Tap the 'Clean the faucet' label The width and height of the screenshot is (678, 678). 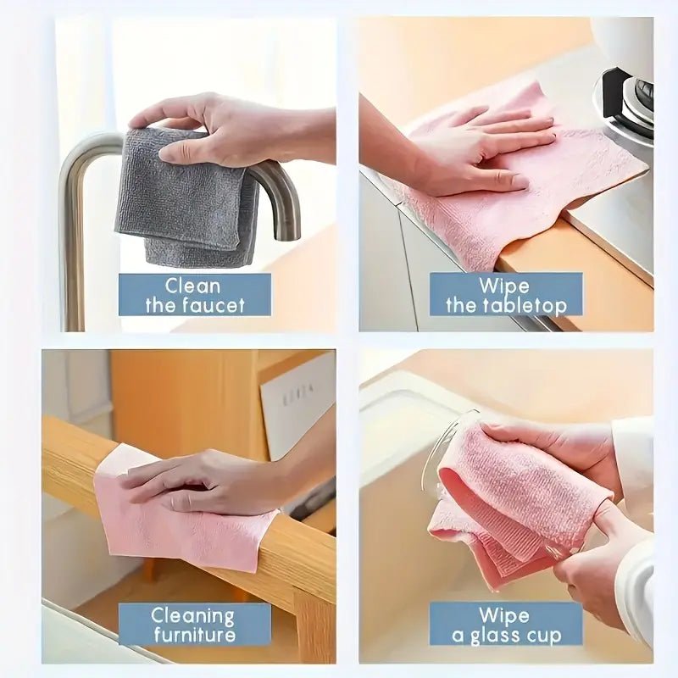click(x=194, y=295)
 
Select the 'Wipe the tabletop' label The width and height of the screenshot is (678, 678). click(x=505, y=295)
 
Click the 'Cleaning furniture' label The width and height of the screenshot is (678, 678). click(x=194, y=625)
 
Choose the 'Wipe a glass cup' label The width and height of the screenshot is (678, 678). click(x=505, y=625)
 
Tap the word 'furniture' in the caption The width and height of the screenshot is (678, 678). click(x=194, y=635)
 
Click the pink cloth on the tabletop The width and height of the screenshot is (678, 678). click(x=475, y=212)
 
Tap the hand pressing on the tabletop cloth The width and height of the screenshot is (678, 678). click(x=483, y=153)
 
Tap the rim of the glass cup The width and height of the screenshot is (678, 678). click(x=441, y=449)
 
